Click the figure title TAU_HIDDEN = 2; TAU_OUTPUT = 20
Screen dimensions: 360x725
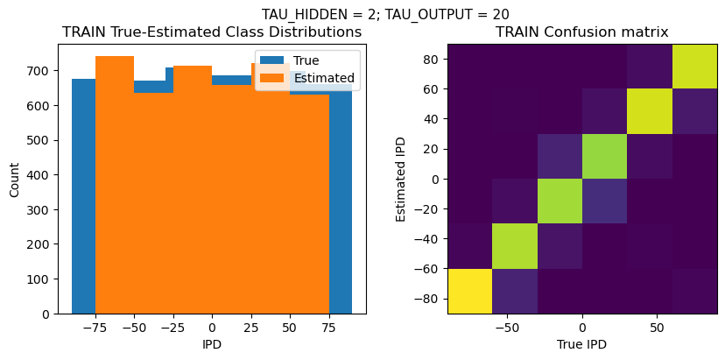click(385, 14)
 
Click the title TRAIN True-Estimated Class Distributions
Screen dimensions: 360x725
click(212, 32)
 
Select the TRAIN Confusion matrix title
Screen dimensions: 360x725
click(581, 32)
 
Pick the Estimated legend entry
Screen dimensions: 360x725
click(324, 78)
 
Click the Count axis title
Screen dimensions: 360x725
click(14, 179)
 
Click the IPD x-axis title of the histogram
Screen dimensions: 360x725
click(212, 344)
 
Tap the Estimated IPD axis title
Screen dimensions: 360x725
click(401, 179)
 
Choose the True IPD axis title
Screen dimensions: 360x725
click(581, 344)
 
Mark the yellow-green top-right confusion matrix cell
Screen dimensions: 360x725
click(694, 66)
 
